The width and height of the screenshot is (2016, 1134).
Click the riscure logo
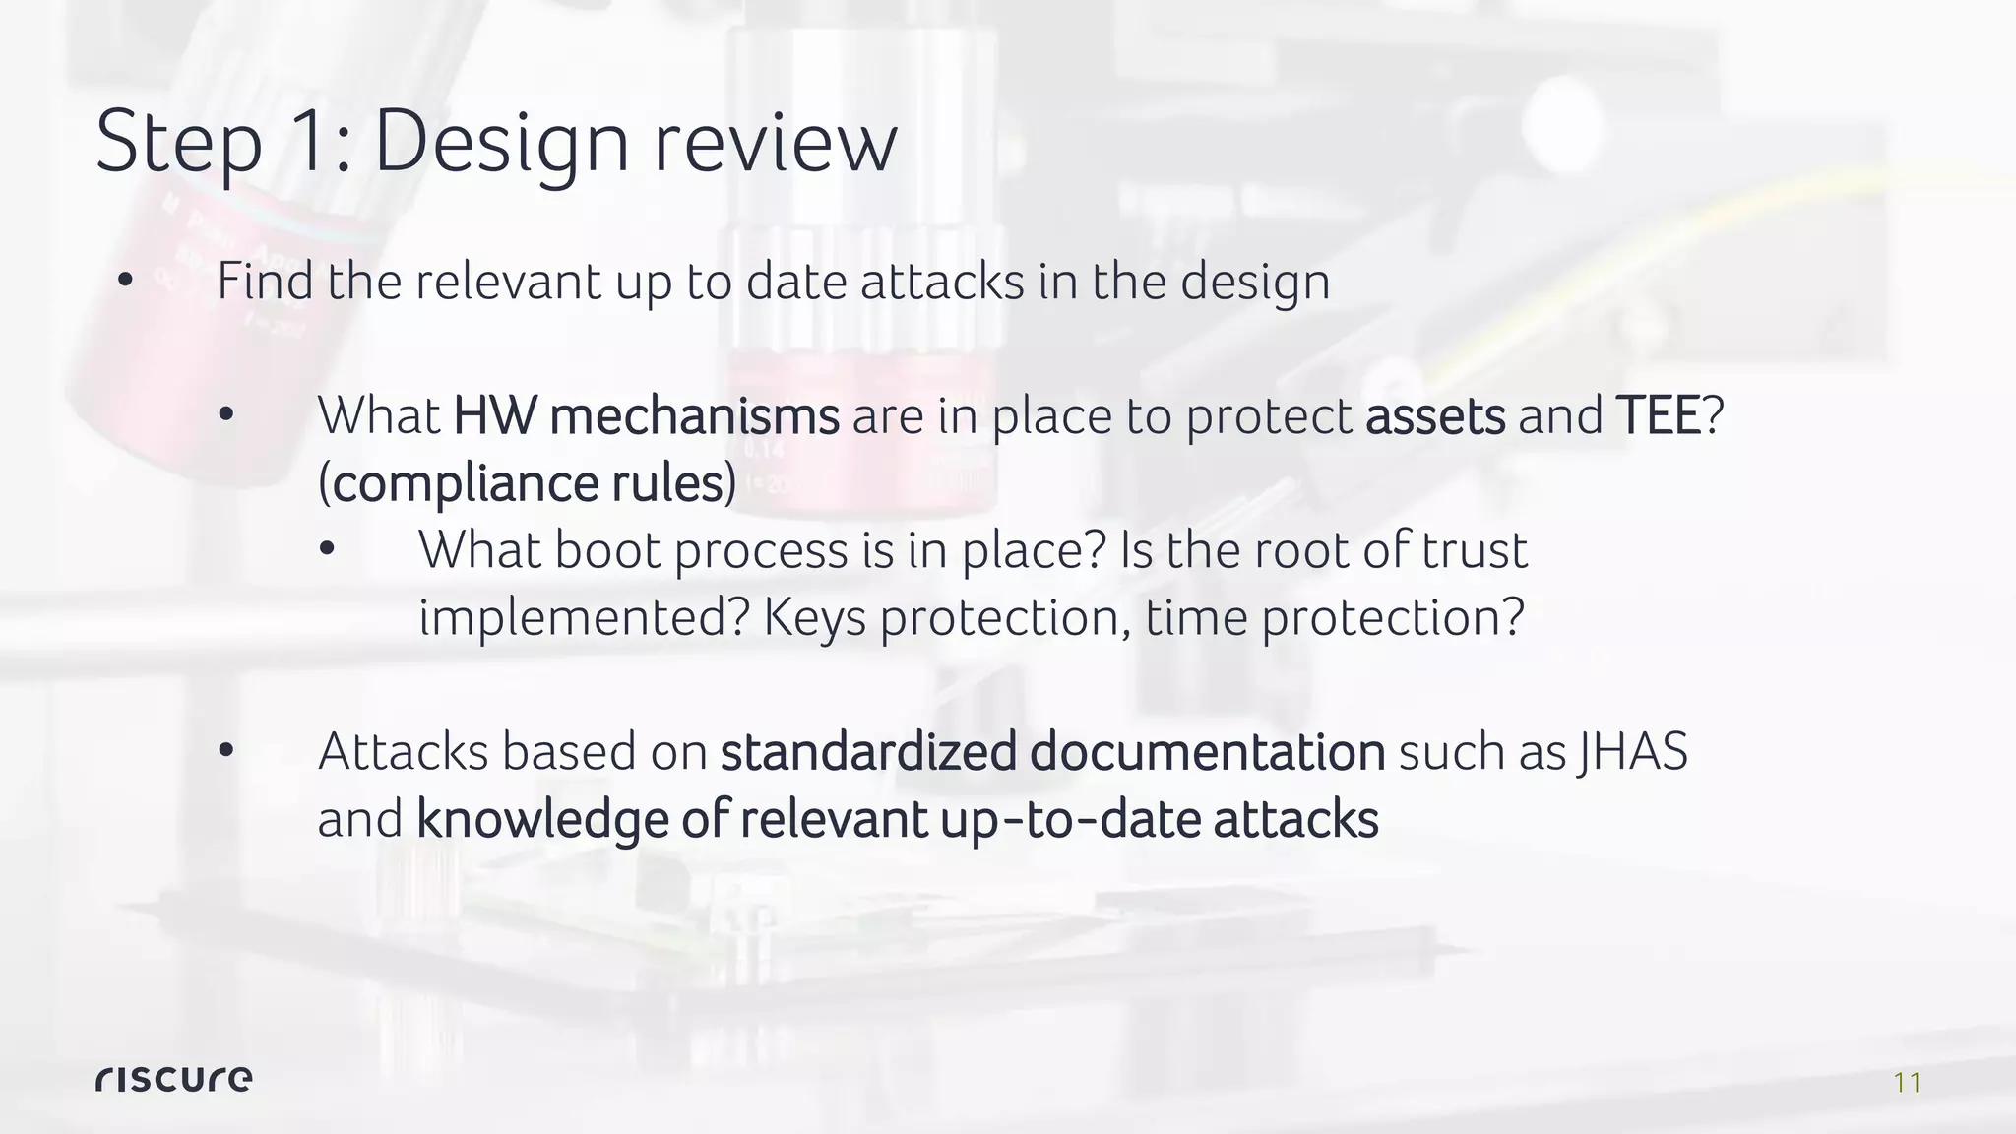click(173, 1079)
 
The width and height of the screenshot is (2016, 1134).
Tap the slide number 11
click(1907, 1084)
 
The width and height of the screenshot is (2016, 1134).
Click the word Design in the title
click(501, 142)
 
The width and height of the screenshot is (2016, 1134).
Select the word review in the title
click(775, 144)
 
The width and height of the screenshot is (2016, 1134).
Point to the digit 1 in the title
click(305, 142)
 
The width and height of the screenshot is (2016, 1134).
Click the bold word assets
click(1435, 416)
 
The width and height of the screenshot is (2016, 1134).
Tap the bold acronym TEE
click(1658, 415)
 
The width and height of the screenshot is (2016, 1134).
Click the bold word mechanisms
click(694, 415)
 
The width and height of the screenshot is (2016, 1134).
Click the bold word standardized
click(868, 753)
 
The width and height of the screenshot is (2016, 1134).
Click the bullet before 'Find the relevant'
click(124, 283)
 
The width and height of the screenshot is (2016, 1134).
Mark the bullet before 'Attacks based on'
click(225, 753)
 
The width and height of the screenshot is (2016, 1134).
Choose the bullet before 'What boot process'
click(327, 551)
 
